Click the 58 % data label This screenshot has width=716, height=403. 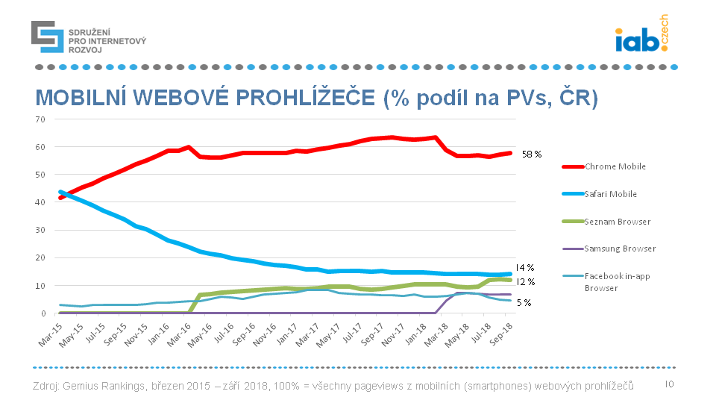[532, 153]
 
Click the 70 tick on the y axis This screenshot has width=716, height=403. [41, 119]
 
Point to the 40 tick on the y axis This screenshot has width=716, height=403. [41, 202]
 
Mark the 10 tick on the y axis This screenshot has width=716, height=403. [41, 286]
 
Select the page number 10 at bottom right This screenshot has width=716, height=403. [669, 384]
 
